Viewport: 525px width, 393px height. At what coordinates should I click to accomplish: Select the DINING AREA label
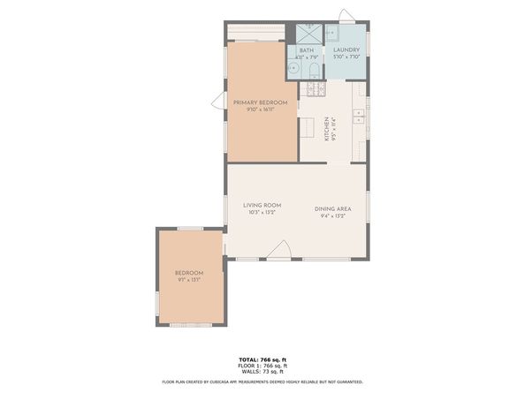point(333,208)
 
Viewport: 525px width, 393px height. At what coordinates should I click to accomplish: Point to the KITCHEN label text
point(326,129)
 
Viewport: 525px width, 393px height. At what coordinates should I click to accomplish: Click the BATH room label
point(306,50)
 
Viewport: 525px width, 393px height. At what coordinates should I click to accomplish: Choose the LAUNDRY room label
point(346,50)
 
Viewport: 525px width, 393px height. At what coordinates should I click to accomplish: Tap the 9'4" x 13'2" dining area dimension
point(333,215)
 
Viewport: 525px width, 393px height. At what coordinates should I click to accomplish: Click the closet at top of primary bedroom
point(255,32)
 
